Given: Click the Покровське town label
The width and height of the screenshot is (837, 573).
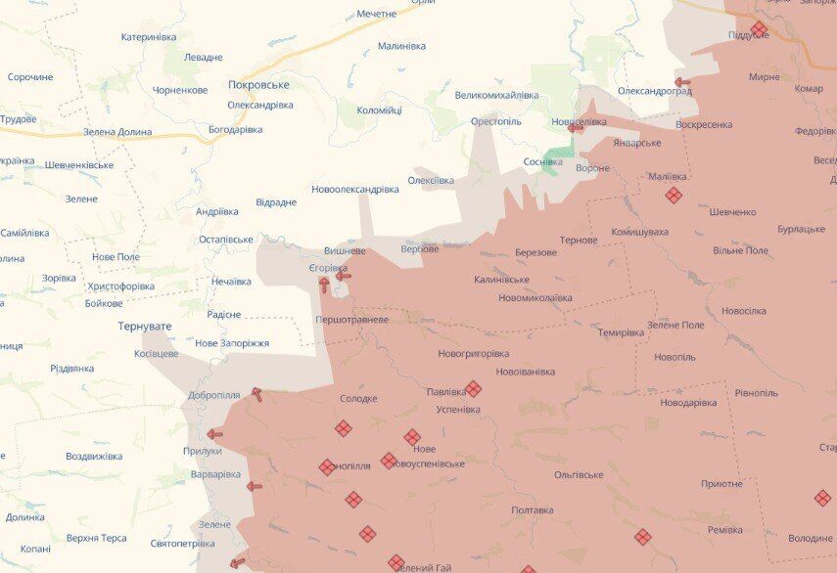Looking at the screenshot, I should pyautogui.click(x=258, y=85).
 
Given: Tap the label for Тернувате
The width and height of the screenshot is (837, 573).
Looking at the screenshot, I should pyautogui.click(x=145, y=326).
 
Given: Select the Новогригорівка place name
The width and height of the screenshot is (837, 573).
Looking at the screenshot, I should pyautogui.click(x=474, y=353).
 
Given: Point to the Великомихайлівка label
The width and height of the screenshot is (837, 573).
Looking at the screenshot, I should pyautogui.click(x=497, y=95).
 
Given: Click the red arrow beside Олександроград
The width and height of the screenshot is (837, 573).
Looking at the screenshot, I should pyautogui.click(x=682, y=83).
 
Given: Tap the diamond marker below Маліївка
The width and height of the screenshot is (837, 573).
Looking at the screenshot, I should pyautogui.click(x=674, y=196).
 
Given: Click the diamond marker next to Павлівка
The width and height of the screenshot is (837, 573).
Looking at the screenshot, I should pyautogui.click(x=473, y=389).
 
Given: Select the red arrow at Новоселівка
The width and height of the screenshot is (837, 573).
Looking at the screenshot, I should pyautogui.click(x=575, y=127).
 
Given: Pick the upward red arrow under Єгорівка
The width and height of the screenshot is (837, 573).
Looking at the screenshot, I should pyautogui.click(x=324, y=285).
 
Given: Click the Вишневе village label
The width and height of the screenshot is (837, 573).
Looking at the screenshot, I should pyautogui.click(x=345, y=250).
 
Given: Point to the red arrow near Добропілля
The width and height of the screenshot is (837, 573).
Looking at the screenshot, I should pyautogui.click(x=256, y=394).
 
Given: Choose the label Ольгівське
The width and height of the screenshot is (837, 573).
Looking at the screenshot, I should pyautogui.click(x=579, y=474).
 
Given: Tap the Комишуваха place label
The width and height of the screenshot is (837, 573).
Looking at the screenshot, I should pyautogui.click(x=639, y=232).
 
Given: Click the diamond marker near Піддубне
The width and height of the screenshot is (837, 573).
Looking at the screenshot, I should pyautogui.click(x=759, y=28).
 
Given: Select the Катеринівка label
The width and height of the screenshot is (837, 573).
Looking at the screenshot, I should pyautogui.click(x=149, y=37).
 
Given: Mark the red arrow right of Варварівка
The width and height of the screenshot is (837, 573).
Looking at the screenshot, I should pyautogui.click(x=255, y=486).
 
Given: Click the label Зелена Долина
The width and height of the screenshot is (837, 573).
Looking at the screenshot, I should pyautogui.click(x=117, y=131).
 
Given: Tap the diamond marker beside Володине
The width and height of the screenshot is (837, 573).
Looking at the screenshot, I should pyautogui.click(x=822, y=499).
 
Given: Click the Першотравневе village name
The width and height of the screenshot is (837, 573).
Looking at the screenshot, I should pyautogui.click(x=351, y=320).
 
